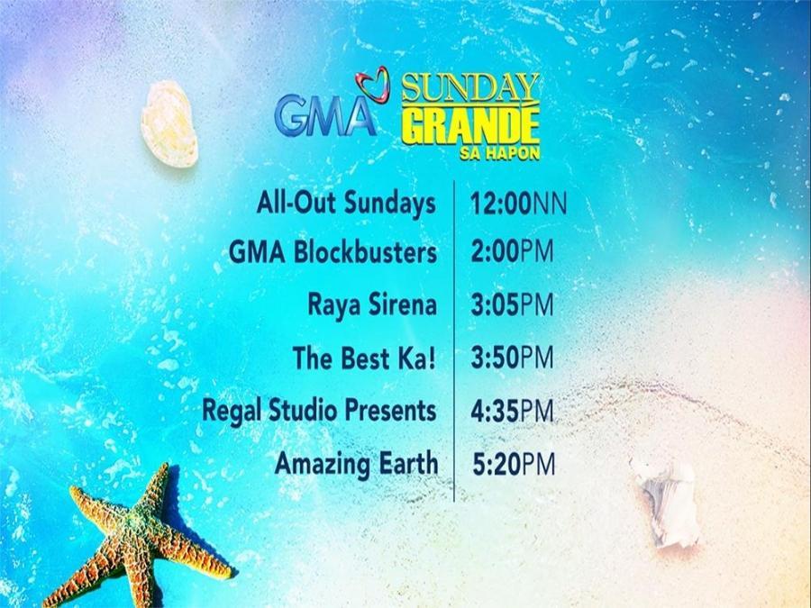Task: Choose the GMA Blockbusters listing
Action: pos(333,253)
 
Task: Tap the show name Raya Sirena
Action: pos(372,305)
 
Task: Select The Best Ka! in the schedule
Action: pos(365,358)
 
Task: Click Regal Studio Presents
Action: pos(320,411)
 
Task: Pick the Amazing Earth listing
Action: pos(357,464)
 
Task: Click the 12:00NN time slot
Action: pos(519,204)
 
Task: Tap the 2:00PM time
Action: pos(512,253)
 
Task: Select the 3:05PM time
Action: pos(512,305)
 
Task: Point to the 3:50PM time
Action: pos(512,358)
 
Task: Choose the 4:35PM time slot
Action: pos(512,411)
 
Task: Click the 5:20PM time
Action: pos(514,464)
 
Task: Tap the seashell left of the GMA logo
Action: pos(169,123)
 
